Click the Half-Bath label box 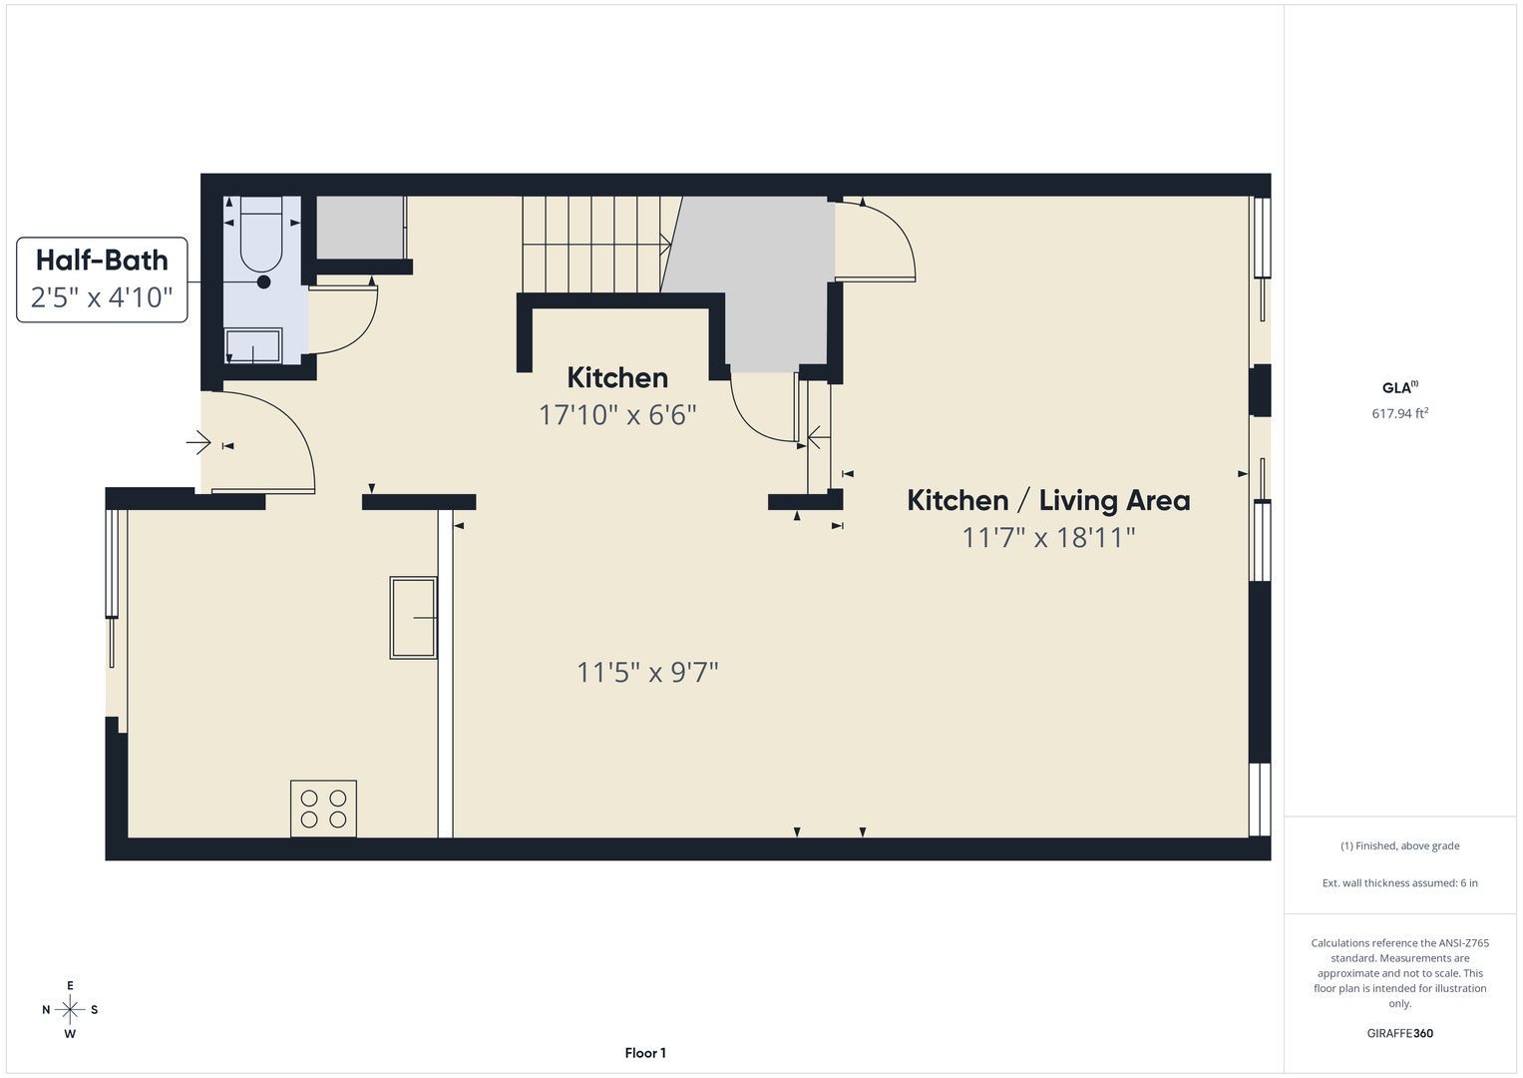(102, 279)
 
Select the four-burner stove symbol (323, 808)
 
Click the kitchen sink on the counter (413, 618)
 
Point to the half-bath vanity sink (253, 346)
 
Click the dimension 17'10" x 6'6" (617, 414)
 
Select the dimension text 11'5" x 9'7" (647, 673)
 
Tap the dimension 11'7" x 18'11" (1048, 538)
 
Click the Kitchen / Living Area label (1048, 501)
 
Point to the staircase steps (597, 245)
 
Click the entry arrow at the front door (198, 443)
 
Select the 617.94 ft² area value (1400, 413)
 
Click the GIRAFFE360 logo (1400, 1033)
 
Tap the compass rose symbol (70, 1010)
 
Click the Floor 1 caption (645, 1053)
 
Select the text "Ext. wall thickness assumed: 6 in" (1400, 882)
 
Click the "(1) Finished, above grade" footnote (1400, 846)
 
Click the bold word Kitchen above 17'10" (617, 377)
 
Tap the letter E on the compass (70, 985)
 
